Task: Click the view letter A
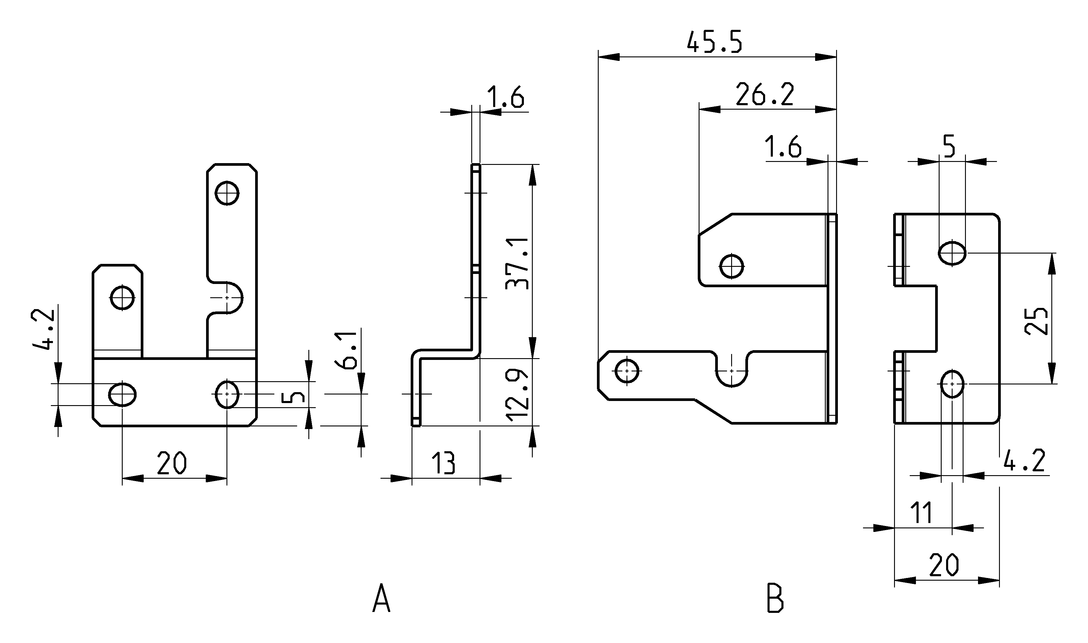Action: [381, 598]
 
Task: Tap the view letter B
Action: [775, 598]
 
